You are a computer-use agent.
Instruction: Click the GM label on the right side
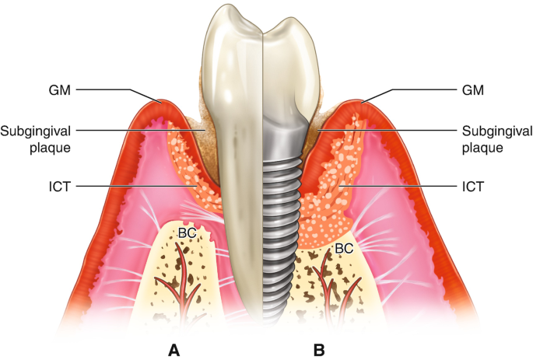[472, 90]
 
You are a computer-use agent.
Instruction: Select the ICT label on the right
[473, 187]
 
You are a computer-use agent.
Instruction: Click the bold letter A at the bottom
[175, 350]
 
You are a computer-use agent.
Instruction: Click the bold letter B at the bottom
[319, 350]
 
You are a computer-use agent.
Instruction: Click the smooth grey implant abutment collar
[285, 140]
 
